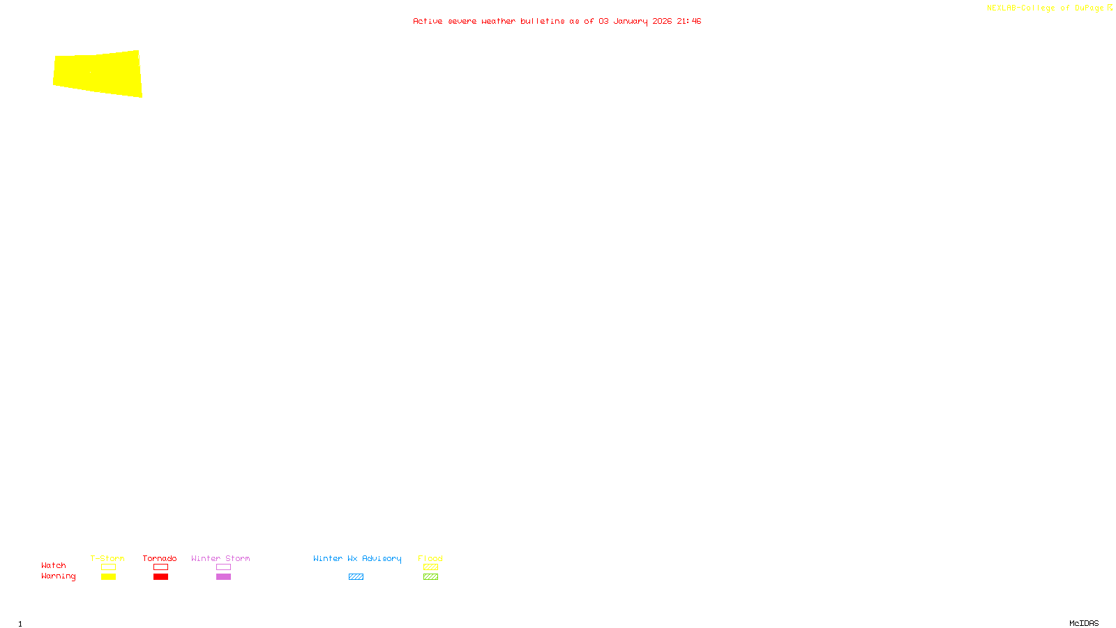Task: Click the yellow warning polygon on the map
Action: coord(98,73)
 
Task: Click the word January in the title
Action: coord(631,21)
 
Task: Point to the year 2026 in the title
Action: coord(662,21)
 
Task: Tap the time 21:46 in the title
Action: coord(688,21)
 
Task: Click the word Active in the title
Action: coord(427,21)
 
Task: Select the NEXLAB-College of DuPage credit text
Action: coord(1045,8)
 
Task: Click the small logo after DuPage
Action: coord(1110,8)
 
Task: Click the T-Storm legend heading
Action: coord(107,558)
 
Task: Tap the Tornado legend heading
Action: coord(160,558)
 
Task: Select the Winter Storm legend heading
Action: coord(220,558)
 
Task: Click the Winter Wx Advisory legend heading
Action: coord(357,558)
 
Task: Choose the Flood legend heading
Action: coord(430,558)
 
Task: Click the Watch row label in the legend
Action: coord(54,565)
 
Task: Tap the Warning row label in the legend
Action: coord(59,576)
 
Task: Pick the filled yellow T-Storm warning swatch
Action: coord(108,577)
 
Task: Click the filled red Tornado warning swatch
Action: coord(160,577)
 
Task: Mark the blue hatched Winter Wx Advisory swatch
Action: coord(356,577)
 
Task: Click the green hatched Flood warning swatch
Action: coord(430,577)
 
